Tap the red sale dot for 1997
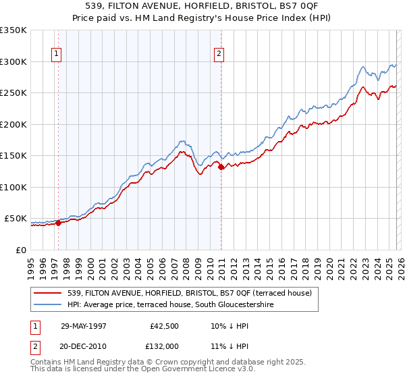pyautogui.click(x=59, y=223)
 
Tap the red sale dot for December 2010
pyautogui.click(x=221, y=167)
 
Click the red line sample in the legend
pyautogui.click(x=49, y=294)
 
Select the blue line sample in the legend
pyautogui.click(x=49, y=305)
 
